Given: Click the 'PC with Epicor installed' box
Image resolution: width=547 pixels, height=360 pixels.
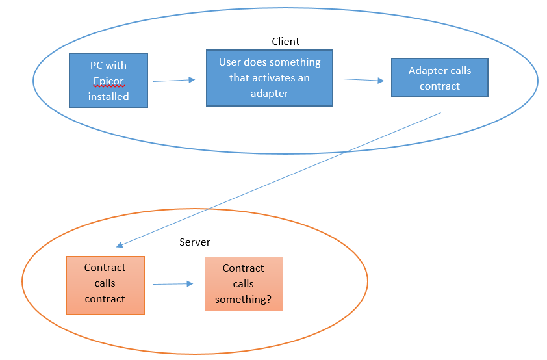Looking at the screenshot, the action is [x=108, y=80].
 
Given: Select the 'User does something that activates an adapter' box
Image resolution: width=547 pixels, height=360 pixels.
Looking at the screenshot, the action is [x=270, y=78].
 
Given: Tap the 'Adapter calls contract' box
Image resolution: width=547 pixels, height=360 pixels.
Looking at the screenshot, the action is [x=440, y=78].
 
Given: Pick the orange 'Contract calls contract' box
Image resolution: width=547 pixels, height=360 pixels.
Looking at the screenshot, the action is [x=105, y=285].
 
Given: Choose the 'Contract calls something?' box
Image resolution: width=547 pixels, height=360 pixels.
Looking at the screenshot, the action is [x=244, y=284].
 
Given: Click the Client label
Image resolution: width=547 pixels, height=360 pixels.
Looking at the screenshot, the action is [x=285, y=42].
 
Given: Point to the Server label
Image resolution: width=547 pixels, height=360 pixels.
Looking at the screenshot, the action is [x=195, y=242].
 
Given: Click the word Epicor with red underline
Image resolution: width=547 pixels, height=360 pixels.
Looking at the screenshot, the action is [x=108, y=81].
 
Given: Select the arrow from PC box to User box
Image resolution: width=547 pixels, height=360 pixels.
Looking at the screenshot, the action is [x=173, y=81].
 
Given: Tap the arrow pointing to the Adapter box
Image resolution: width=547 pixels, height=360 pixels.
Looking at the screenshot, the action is [x=363, y=80].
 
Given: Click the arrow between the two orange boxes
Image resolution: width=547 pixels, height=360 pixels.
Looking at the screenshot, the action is [x=173, y=284].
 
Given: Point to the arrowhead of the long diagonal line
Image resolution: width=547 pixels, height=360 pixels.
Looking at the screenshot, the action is [x=119, y=245].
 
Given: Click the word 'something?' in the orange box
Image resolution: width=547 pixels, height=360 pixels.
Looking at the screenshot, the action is [x=243, y=300].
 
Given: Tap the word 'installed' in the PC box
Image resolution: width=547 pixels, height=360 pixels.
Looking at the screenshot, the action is [x=108, y=96].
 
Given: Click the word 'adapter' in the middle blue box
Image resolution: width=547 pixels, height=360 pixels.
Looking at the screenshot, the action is [x=270, y=94].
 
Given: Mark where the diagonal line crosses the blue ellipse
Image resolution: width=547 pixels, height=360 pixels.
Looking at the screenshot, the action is [x=346, y=152].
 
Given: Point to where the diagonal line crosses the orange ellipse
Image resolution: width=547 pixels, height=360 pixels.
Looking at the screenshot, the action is [x=207, y=209].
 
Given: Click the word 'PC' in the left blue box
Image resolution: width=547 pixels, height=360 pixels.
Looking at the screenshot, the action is [x=96, y=65].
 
